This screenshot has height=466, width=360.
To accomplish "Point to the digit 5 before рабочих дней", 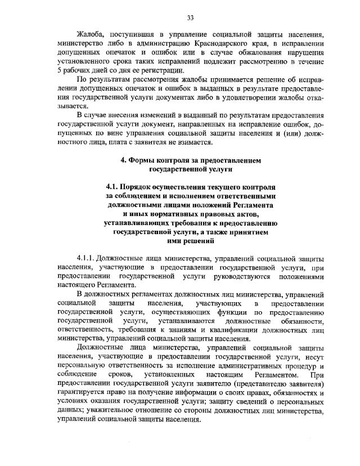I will click(60, 70).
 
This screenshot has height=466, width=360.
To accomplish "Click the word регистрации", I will click(161, 70).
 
